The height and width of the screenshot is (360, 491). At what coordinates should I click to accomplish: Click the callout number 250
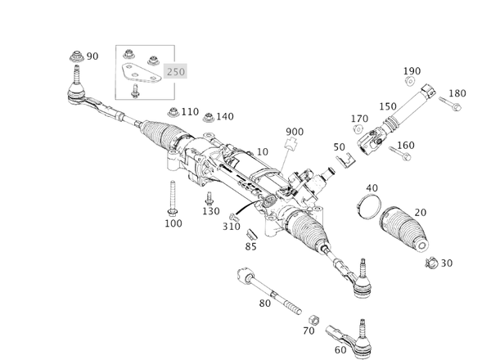pos(176,71)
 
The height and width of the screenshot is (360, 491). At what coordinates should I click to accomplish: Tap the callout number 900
pos(295,132)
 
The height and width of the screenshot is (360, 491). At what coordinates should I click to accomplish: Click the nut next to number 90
pos(76,57)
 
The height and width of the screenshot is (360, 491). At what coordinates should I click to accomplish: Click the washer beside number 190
pos(410,84)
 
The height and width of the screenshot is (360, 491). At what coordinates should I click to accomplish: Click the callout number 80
pos(264,304)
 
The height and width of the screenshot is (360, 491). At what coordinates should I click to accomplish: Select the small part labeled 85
pos(250,236)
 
